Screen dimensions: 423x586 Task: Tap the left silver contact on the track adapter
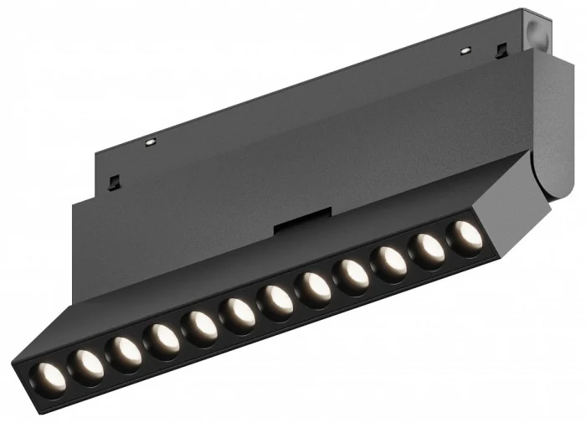[x=150, y=142]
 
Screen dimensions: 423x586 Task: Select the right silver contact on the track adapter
[x=465, y=51]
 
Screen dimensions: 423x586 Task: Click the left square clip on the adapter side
[x=115, y=181]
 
